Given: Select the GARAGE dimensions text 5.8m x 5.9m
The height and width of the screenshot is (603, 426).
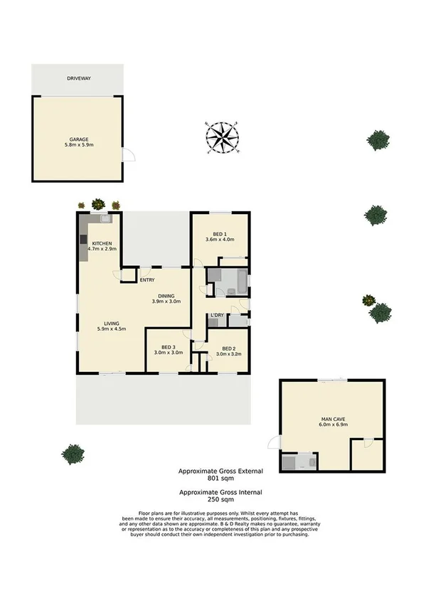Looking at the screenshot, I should pyautogui.click(x=78, y=145).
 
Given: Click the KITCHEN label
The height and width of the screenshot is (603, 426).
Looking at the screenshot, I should pyautogui.click(x=102, y=242).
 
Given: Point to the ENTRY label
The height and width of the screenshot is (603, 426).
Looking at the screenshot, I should pyautogui.click(x=147, y=270).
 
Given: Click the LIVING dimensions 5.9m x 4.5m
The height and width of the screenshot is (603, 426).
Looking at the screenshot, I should pyautogui.click(x=112, y=329).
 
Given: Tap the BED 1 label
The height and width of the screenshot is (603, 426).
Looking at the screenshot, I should pyautogui.click(x=220, y=233).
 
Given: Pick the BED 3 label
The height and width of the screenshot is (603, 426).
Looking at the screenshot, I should pyautogui.click(x=169, y=346).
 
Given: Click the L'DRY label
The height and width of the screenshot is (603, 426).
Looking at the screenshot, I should pyautogui.click(x=217, y=314).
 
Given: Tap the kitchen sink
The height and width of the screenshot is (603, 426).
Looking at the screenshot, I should pyautogui.click(x=105, y=220).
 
